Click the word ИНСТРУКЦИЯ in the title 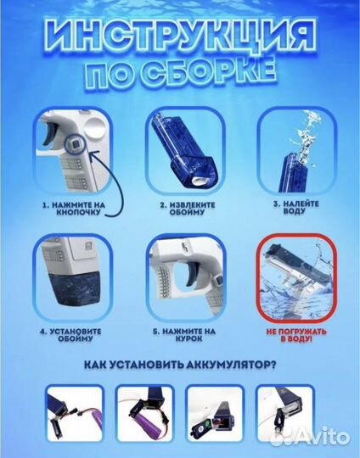(x=180, y=38)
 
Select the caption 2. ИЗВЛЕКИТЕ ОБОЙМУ (x=180, y=209)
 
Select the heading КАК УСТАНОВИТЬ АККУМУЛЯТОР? (x=180, y=366)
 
